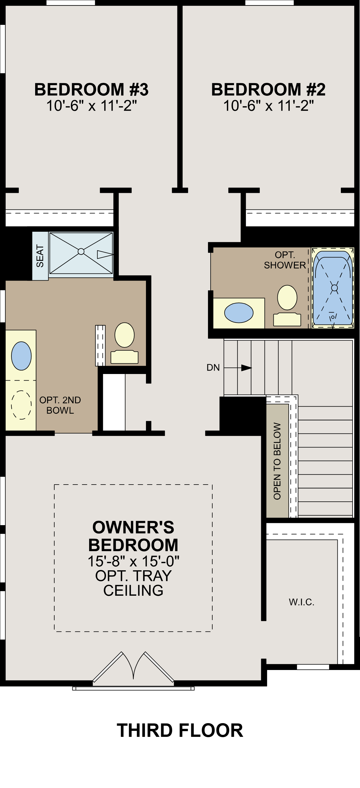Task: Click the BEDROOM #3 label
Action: pos(91,90)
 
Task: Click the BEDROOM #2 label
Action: pos(268,90)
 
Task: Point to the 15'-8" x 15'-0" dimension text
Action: pos(133,561)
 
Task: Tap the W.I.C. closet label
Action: pos(302,602)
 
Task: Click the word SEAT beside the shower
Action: pos(40,256)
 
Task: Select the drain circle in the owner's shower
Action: pos(81,251)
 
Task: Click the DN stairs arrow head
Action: pos(247,368)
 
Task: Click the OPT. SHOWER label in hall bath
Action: pos(285,260)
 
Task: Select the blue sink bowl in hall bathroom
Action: pos(239,313)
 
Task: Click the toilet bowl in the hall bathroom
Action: pos(287,298)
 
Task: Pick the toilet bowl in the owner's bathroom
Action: pos(125,335)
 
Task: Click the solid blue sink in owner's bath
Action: pos(21,356)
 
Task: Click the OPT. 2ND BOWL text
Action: pos(60,405)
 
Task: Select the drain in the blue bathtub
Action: pos(334,288)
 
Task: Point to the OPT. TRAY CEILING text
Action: pos(133,583)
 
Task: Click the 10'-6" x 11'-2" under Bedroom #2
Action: pos(268,106)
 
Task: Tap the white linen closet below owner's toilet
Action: pos(114,402)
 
